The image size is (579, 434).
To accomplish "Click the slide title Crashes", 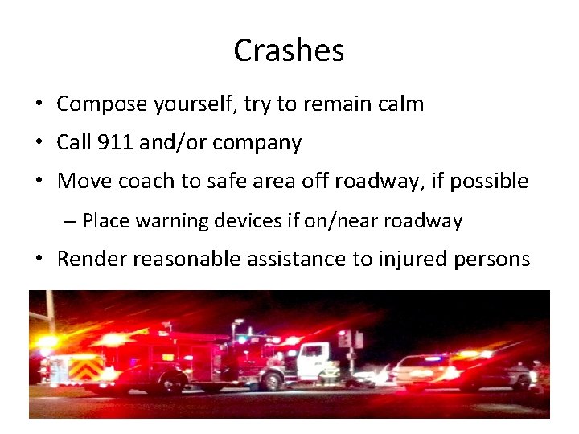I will coord(289,51).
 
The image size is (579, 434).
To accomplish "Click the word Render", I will coord(91,259).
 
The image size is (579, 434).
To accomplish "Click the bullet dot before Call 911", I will coord(39,144).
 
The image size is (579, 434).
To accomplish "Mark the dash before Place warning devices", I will coord(72,220).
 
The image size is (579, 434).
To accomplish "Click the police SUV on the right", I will coord(462,371).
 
